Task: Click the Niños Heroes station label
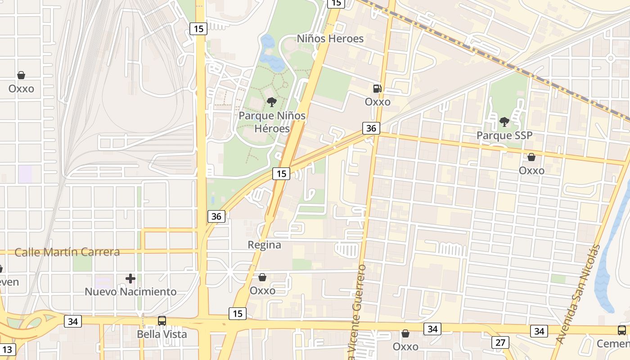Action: [x=330, y=39]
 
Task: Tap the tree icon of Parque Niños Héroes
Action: [x=271, y=102]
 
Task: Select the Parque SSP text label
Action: [x=500, y=135]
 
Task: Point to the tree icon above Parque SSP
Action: [x=504, y=121]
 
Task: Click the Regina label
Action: [x=265, y=245]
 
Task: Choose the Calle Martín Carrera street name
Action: [x=67, y=252]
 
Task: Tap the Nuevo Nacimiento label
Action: [x=130, y=292]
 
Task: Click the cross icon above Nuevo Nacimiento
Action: [x=130, y=279]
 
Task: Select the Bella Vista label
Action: [x=162, y=334]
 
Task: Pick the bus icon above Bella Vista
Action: [x=162, y=321]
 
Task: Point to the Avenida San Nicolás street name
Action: [x=579, y=294]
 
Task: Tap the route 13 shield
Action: [x=8, y=349]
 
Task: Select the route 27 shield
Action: [x=500, y=342]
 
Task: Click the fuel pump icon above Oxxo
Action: [x=377, y=89]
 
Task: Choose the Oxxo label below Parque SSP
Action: [x=531, y=171]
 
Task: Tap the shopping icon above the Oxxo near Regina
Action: [x=262, y=277]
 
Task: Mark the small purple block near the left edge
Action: [x=25, y=174]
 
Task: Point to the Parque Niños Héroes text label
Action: [x=272, y=122]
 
